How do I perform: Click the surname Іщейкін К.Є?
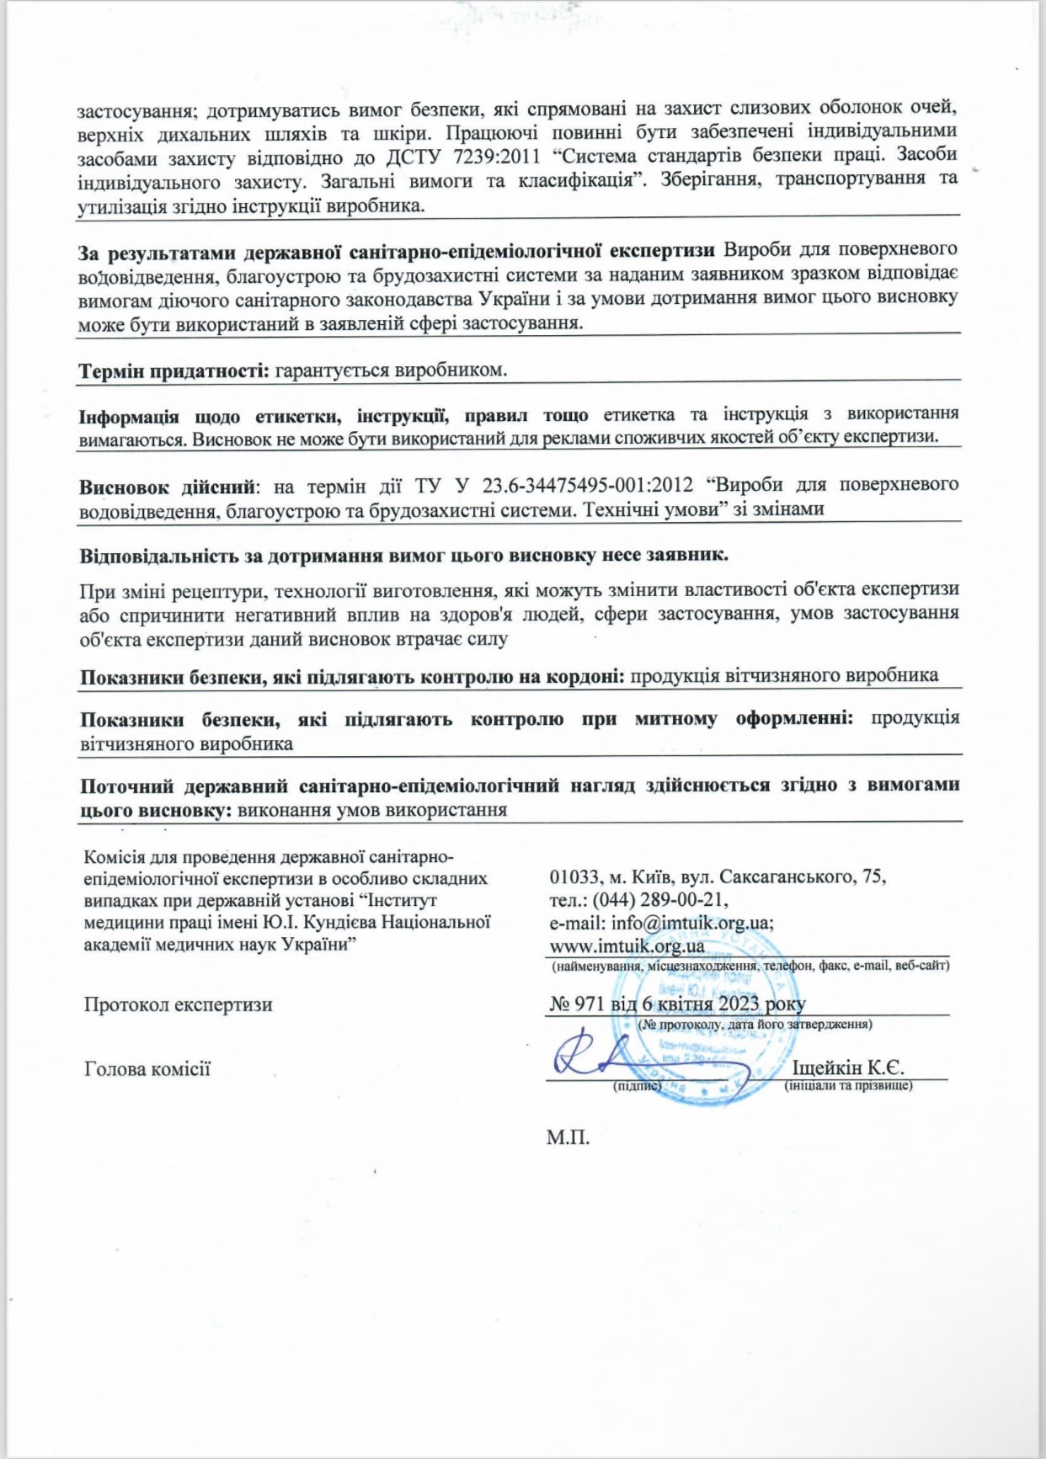click(848, 1068)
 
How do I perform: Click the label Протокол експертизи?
click(178, 1004)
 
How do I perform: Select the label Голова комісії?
click(147, 1069)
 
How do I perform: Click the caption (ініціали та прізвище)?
click(848, 1086)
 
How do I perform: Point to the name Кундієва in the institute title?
click(341, 922)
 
